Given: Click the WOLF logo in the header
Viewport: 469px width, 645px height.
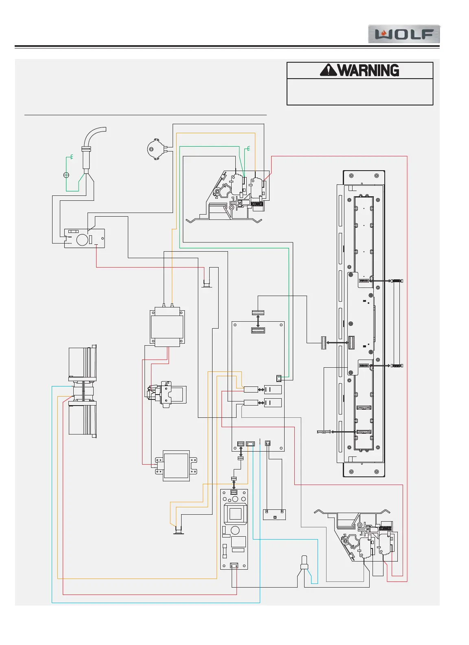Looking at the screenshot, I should tap(404, 34).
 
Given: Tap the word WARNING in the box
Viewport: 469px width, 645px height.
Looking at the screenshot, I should tap(368, 70).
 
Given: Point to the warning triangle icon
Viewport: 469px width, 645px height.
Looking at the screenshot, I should tap(328, 70).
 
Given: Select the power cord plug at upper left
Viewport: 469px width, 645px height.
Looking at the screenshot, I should tap(87, 157).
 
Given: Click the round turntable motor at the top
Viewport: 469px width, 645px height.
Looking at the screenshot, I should tap(156, 149).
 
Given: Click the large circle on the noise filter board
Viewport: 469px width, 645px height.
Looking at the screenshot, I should tap(82, 239).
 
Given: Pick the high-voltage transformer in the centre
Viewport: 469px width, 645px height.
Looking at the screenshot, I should tap(167, 328).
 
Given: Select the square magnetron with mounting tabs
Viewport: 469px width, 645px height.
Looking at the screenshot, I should tap(176, 465).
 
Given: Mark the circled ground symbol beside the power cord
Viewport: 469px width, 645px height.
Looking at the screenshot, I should tap(66, 175).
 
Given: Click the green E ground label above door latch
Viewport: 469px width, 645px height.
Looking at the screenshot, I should tap(248, 149).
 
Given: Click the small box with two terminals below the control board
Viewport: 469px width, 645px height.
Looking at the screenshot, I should tap(274, 514).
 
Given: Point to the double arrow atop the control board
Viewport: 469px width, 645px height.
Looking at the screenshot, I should tap(258, 320).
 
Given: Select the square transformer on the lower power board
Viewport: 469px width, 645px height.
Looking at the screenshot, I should tap(235, 513).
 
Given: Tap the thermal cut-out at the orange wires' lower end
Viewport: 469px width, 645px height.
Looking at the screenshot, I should tap(178, 529).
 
